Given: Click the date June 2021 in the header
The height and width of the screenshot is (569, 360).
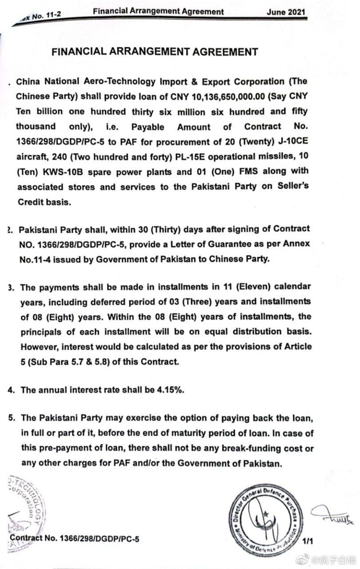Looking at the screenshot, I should tap(286, 12).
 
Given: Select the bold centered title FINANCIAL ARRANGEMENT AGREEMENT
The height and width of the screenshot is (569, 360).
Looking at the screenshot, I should tap(155, 52).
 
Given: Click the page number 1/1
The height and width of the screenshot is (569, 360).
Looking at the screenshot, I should tap(308, 541).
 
